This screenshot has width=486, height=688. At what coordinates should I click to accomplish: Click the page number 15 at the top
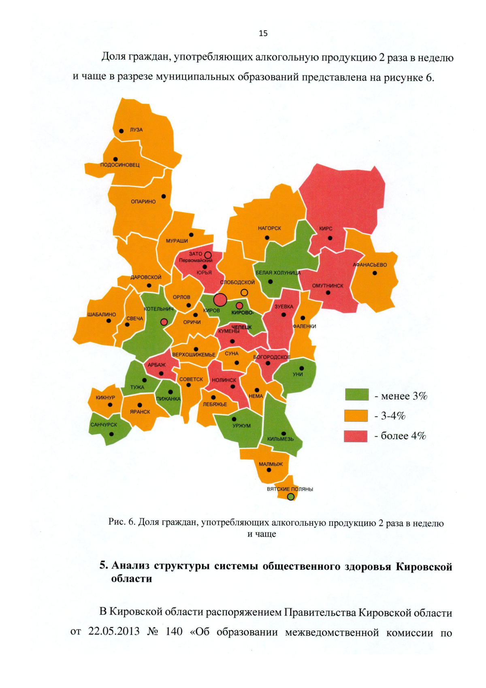coord(263,33)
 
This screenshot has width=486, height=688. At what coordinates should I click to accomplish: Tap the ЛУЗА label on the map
coord(136,130)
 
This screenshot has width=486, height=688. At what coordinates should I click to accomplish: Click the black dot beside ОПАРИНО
coord(164,196)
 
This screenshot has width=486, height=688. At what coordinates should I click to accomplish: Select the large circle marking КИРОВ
coord(220,300)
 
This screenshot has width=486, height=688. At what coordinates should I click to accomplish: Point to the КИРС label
coord(326,229)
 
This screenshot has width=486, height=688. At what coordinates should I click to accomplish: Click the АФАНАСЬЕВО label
coord(369,265)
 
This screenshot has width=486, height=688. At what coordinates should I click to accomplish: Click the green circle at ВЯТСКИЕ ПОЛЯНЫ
coord(290,497)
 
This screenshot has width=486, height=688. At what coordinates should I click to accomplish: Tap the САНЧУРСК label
coord(104,425)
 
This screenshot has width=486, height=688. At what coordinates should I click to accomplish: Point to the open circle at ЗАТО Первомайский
coord(208,255)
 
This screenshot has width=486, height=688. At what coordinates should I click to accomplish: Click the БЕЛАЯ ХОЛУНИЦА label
coord(278,273)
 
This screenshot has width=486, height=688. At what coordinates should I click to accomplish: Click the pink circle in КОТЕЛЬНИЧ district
coord(164,322)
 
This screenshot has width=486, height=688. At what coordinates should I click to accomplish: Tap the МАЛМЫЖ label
coord(271,464)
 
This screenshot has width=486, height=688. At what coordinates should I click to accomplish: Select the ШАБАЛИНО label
coord(101,315)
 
